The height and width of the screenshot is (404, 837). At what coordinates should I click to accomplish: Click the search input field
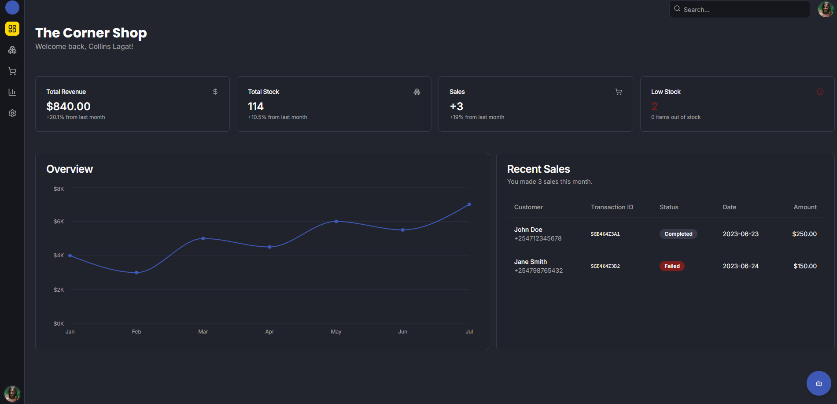point(740,9)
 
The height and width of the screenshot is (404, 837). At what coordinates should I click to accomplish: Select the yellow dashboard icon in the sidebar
point(12,29)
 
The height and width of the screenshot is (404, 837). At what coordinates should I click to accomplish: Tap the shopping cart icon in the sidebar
point(12,71)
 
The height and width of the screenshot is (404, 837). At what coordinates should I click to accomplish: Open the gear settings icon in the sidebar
point(12,113)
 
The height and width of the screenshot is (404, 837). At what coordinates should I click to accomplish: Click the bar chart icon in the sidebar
point(12,92)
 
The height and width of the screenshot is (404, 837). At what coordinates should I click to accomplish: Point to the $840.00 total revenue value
point(68,106)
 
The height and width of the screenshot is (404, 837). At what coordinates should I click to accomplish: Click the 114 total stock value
point(256,106)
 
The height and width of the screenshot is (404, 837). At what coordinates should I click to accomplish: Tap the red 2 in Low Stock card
point(654,106)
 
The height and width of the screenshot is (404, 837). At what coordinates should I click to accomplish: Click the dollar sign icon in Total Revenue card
point(215,92)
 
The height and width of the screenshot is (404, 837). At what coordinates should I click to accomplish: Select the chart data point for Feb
point(136,273)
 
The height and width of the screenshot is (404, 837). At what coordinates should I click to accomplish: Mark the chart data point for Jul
point(469,204)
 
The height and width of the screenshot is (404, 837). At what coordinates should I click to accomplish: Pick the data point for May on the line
point(336,221)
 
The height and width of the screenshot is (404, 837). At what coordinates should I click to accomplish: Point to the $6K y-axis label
point(59,222)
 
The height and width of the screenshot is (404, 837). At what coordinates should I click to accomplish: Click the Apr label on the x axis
point(269,332)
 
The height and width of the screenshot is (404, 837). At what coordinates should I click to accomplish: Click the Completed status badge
point(678,234)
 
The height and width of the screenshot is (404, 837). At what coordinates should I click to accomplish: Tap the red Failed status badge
point(672,266)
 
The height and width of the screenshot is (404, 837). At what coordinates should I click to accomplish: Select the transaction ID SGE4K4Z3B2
point(605,266)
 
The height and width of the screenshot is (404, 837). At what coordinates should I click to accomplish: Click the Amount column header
point(805,207)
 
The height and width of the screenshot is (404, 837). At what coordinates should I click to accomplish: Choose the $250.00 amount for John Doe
point(804,234)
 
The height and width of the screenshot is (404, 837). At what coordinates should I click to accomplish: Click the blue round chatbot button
point(819,383)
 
